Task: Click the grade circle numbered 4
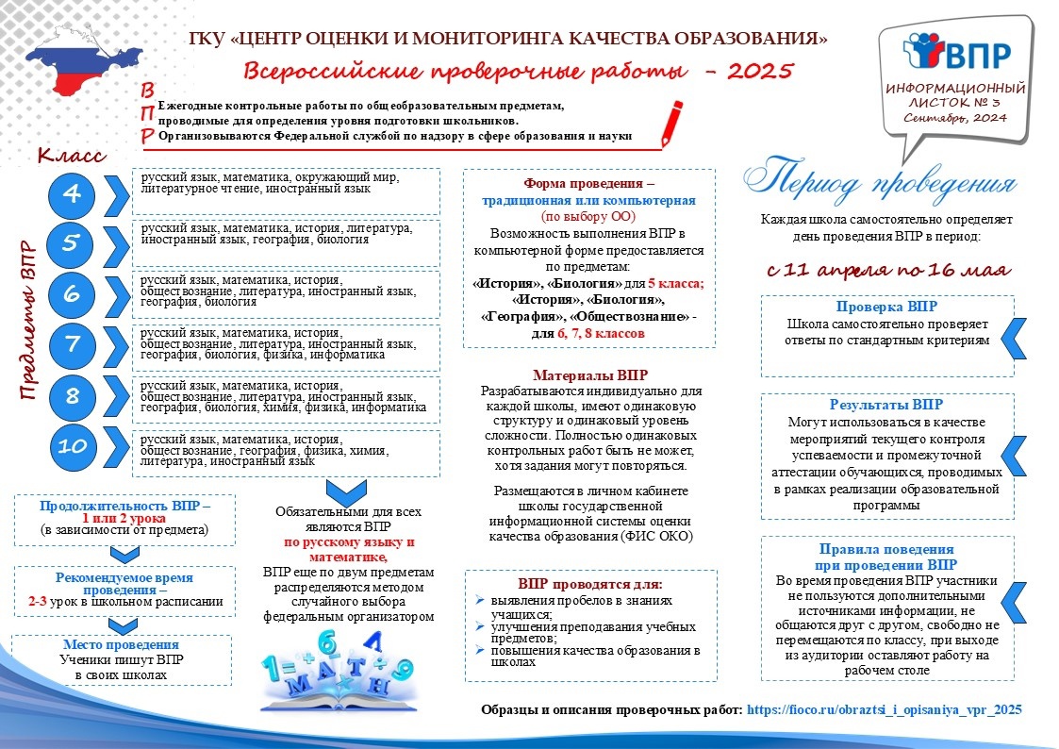[73, 195]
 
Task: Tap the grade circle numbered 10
[73, 447]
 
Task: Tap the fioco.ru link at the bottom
[885, 709]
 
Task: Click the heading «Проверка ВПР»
[886, 308]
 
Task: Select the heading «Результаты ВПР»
[886, 406]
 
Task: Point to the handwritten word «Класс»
[72, 154]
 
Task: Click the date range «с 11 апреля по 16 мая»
[886, 270]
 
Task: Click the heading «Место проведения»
[123, 645]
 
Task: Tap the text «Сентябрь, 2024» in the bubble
[954, 118]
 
